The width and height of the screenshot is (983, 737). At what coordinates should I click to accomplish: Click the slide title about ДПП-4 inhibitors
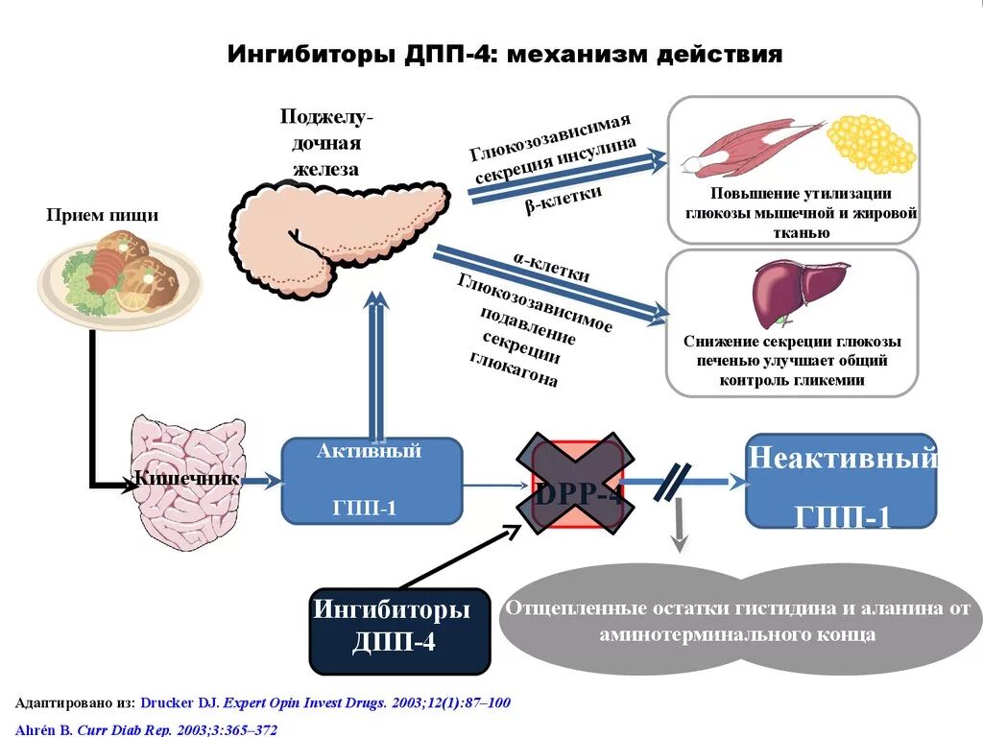pyautogui.click(x=505, y=54)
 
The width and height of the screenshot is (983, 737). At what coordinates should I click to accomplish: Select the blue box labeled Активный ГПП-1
pyautogui.click(x=371, y=480)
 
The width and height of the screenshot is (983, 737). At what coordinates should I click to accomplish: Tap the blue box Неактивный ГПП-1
pyautogui.click(x=841, y=481)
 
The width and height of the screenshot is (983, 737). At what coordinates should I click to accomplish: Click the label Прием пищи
pyautogui.click(x=103, y=215)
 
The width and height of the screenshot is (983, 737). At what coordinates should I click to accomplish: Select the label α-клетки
pyautogui.click(x=551, y=268)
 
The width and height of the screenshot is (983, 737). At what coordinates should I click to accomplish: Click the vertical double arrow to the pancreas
pyautogui.click(x=376, y=365)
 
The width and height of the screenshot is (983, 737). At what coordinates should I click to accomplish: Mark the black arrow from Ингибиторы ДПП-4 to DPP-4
pyautogui.click(x=457, y=556)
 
